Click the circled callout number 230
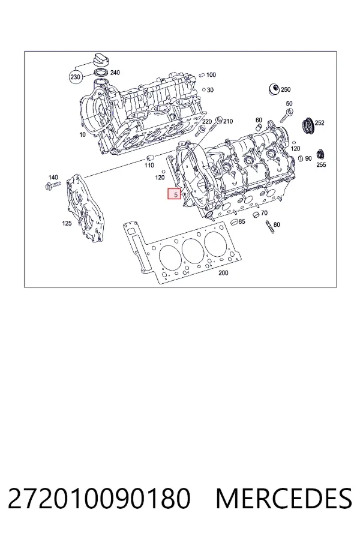(75, 77)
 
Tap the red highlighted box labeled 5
(175, 194)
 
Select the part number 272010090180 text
(98, 499)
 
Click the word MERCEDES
(284, 499)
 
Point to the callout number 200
(223, 273)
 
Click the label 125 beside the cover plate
(67, 223)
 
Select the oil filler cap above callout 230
(101, 60)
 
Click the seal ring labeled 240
(101, 73)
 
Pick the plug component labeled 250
(274, 89)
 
